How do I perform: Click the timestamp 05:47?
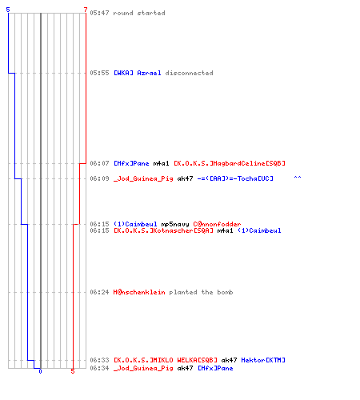(x=99, y=13)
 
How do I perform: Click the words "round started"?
(x=139, y=13)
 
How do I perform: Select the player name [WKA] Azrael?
(x=138, y=73)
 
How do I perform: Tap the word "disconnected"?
(x=189, y=73)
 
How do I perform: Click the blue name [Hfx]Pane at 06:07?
(x=131, y=163)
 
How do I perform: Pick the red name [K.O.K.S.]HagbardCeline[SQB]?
(x=230, y=163)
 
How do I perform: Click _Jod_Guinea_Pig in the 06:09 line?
(x=143, y=178)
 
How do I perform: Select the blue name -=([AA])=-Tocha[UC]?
(x=235, y=178)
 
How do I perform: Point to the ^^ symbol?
(x=298, y=177)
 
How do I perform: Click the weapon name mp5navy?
(x=175, y=224)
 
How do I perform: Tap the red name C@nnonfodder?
(x=217, y=224)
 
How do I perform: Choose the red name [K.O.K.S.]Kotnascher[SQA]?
(x=163, y=230)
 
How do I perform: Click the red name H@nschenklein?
(x=139, y=292)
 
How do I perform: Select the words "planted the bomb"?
(x=201, y=292)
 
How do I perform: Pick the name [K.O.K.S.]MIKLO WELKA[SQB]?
(x=166, y=360)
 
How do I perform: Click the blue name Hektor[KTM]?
(x=263, y=360)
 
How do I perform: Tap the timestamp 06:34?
(x=99, y=368)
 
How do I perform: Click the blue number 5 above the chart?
(x=8, y=10)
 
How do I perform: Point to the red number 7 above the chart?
(x=86, y=10)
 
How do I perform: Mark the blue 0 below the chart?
(x=40, y=371)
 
